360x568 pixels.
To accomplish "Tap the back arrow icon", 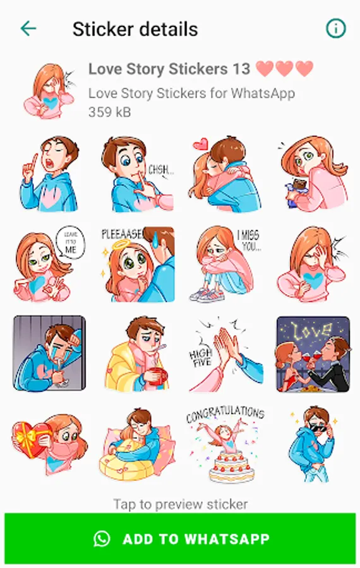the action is click(x=28, y=28).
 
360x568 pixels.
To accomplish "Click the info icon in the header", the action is click(x=336, y=28).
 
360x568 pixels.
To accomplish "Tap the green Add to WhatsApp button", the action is click(x=180, y=539).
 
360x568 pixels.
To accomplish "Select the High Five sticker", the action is click(x=225, y=354).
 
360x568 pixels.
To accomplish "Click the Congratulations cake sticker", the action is click(x=225, y=445).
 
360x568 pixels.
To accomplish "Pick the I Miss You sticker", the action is click(x=225, y=264).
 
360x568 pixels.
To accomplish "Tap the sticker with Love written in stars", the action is click(x=313, y=354).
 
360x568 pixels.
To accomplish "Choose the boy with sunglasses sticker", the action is click(x=313, y=444).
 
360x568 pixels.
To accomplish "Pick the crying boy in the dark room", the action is click(x=49, y=354).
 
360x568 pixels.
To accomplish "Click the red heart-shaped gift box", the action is click(x=29, y=439).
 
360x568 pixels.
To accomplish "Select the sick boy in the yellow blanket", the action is click(x=137, y=354).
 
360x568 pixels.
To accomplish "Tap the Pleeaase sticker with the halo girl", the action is click(x=137, y=264).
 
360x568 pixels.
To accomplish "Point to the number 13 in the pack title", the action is click(x=241, y=69).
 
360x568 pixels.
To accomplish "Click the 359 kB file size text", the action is click(x=109, y=112).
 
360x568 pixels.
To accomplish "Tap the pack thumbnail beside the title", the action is click(x=50, y=91).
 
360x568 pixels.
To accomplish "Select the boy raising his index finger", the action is click(x=49, y=174).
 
